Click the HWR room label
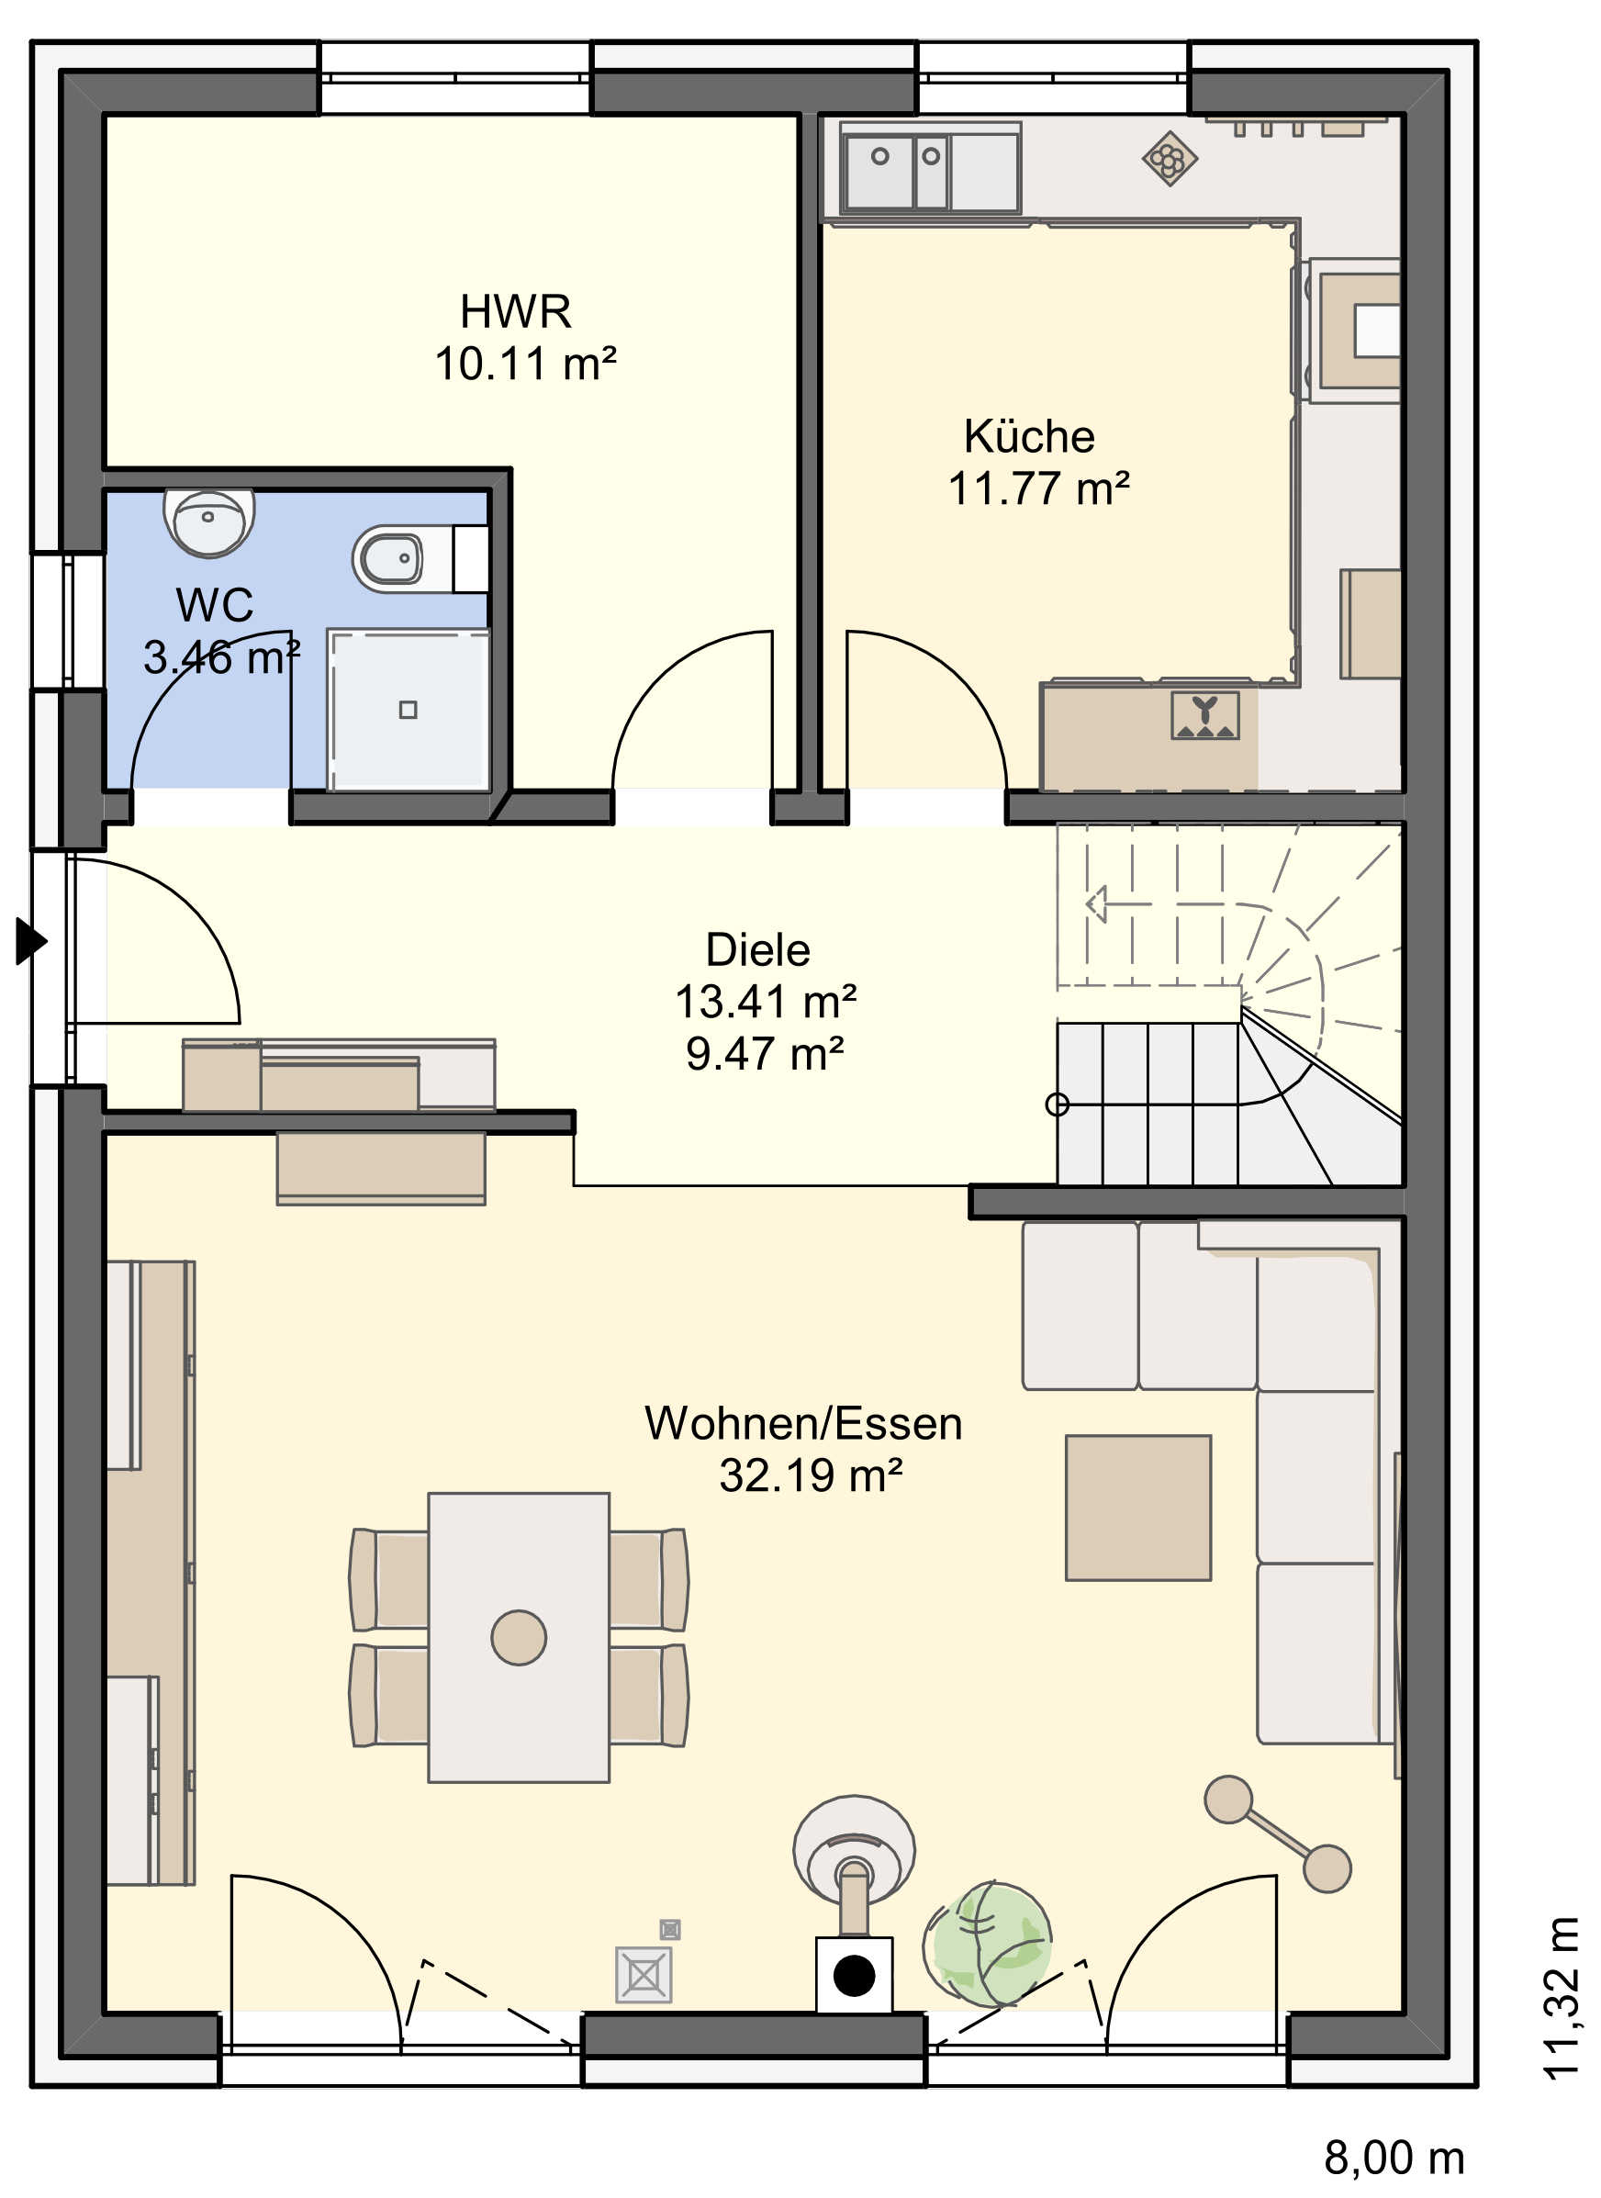click(516, 312)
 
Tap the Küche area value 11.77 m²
click(1038, 488)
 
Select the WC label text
click(214, 606)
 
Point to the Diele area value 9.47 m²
click(765, 1053)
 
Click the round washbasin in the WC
click(208, 521)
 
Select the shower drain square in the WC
click(408, 711)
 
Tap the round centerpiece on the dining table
click(519, 1638)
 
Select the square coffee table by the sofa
click(1138, 1508)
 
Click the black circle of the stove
click(854, 1976)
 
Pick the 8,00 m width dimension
click(1394, 2159)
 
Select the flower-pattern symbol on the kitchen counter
click(1170, 158)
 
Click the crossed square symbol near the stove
click(644, 1974)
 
